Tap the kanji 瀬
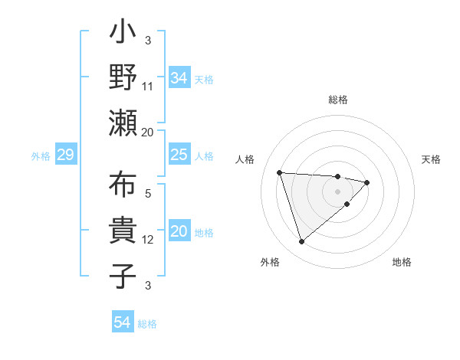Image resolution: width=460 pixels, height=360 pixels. coord(123,122)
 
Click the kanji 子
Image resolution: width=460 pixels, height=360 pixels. coord(123,275)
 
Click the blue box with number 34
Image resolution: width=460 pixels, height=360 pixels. coord(179,77)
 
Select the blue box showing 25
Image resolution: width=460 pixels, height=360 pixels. coord(179,155)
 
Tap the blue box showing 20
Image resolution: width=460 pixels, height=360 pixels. coord(179,232)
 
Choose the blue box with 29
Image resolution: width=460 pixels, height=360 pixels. coord(65,155)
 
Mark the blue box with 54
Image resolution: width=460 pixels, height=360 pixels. coord(123,322)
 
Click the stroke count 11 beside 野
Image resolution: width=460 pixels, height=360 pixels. coord(148,87)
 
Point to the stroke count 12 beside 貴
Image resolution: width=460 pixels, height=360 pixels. coord(148,240)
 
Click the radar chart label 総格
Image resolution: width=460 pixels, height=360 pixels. coord(338,100)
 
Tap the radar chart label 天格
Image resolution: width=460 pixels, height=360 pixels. coord(432,159)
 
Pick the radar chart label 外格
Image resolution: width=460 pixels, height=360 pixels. coord(270,262)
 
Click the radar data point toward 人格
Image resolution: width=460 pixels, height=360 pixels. coord(280,172)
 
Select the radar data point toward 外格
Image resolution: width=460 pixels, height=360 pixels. coord(301,242)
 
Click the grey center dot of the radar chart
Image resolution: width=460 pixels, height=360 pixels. coord(338,191)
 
